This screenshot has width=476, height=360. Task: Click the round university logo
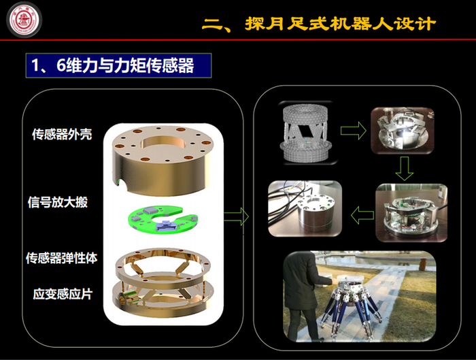(24, 20)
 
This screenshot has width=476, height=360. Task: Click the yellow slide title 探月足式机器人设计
(320, 24)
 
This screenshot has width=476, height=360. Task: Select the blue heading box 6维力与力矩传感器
(119, 65)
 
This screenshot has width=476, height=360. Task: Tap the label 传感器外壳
(62, 134)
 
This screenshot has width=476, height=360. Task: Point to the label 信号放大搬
(58, 202)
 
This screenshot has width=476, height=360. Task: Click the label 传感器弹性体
(62, 258)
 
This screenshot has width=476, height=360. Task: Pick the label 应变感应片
(63, 294)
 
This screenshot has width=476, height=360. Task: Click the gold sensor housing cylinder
(163, 159)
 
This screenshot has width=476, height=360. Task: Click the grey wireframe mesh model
(306, 133)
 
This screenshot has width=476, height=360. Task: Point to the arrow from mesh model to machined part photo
(354, 131)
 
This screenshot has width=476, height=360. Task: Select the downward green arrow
(405, 168)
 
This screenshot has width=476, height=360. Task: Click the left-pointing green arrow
(362, 215)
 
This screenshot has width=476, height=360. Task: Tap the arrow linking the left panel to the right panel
(237, 216)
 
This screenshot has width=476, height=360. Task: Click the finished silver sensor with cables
(305, 208)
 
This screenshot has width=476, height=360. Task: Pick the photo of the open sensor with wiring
(411, 213)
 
